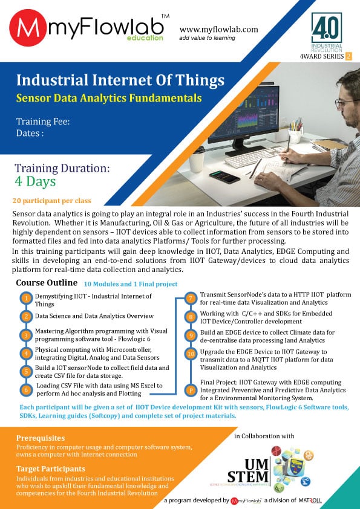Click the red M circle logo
[28, 28]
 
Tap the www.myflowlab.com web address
[218, 30]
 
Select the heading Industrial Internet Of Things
[120, 80]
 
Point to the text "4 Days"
[35, 181]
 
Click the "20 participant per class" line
[51, 201]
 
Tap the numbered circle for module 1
[26, 298]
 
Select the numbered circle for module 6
[26, 390]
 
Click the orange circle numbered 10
[191, 354]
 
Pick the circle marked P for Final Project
[191, 391]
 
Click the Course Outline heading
[47, 283]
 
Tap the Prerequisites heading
[41, 438]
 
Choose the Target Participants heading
[51, 468]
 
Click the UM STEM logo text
[249, 471]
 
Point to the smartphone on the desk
[224, 177]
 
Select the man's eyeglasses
[346, 103]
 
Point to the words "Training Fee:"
[43, 122]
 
